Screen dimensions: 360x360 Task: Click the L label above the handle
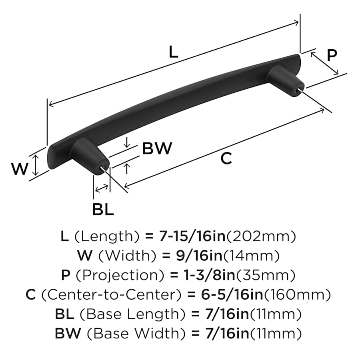pos(173,52)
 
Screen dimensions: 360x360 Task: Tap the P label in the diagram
pos(332,55)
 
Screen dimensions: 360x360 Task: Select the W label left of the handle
pos(20,169)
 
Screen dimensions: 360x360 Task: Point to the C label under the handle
pos(226,159)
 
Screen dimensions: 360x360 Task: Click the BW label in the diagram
pos(157,149)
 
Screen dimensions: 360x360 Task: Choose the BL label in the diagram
pos(103,209)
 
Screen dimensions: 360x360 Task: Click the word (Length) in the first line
pos(106,237)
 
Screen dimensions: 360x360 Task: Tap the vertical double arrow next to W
pos(36,166)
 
